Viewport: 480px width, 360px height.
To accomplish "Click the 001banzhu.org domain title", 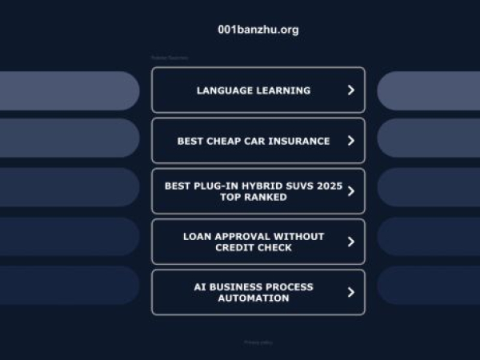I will tap(258, 30).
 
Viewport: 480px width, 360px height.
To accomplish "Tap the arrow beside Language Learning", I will tap(350, 90).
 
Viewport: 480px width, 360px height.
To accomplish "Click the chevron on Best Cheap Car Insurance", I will tap(350, 141).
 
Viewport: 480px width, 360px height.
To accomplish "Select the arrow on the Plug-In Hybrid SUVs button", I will tap(350, 191).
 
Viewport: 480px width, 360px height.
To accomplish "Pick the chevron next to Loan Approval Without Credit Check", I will tap(350, 242).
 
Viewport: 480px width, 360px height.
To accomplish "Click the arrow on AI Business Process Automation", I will tap(350, 292).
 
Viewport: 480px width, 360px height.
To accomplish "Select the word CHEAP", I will tap(225, 141).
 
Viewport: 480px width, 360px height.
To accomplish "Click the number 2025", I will tap(329, 186).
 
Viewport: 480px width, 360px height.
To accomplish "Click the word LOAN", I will tap(197, 236).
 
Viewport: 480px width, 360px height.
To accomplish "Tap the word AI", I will tap(200, 286).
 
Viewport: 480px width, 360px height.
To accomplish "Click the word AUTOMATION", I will tap(254, 298).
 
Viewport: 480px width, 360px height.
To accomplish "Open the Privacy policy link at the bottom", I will tap(258, 342).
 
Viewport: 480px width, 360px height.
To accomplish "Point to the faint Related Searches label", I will tap(169, 58).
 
